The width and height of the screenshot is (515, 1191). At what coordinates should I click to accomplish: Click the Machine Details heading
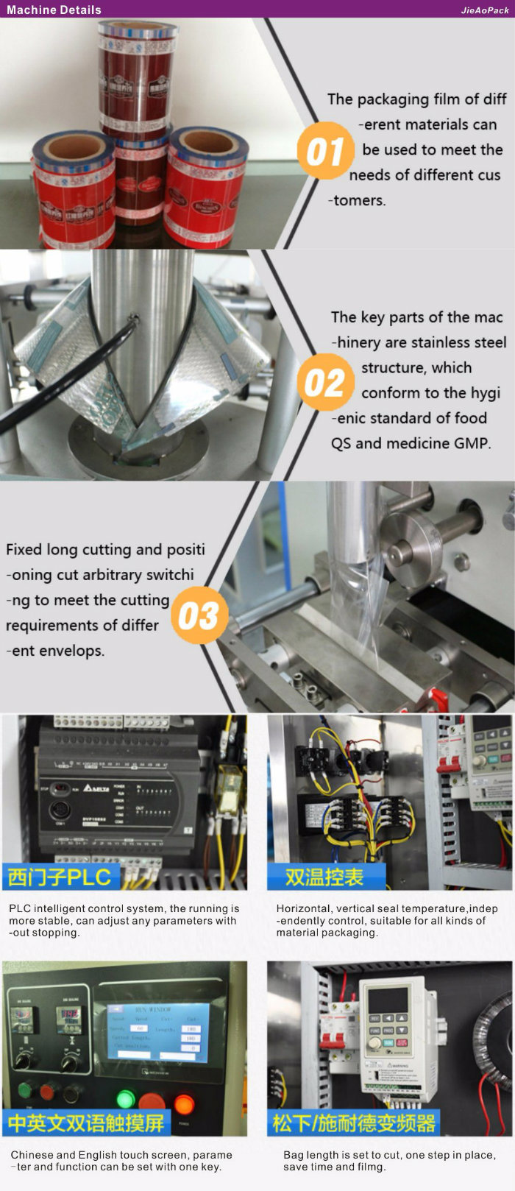coord(54,10)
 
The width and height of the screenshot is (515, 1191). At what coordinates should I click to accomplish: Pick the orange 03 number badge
coord(198,616)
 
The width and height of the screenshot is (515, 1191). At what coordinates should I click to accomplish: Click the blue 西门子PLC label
coord(60,876)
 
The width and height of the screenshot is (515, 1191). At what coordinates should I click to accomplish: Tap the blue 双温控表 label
coord(324,876)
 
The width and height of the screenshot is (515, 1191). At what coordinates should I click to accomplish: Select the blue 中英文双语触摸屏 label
coord(87,1123)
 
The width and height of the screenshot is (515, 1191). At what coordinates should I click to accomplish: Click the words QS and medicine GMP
coord(411,443)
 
